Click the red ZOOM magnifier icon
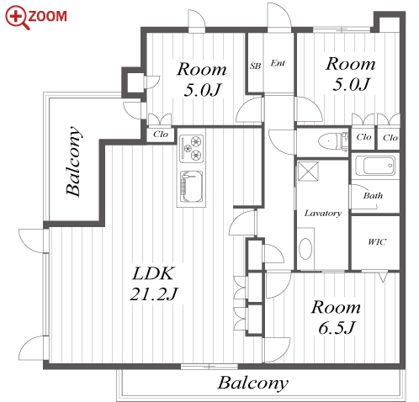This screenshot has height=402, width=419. click(x=17, y=18)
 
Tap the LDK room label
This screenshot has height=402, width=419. click(x=154, y=273)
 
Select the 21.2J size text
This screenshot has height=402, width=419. click(x=154, y=294)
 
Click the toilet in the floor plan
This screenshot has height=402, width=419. click(x=332, y=140)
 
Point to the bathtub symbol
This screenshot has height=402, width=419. click(x=375, y=166)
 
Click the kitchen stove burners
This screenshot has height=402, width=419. click(x=192, y=149)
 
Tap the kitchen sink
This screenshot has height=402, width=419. click(x=191, y=187)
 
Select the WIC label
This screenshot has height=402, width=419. click(x=377, y=241)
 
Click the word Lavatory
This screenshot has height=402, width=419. click(x=323, y=214)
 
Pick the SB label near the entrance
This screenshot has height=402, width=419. click(x=255, y=66)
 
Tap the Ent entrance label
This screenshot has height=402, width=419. click(x=278, y=63)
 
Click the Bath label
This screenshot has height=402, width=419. click(x=373, y=195)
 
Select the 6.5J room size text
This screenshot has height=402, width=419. click(x=337, y=327)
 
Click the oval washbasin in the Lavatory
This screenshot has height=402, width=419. click(x=305, y=249)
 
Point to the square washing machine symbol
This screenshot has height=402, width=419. click(x=308, y=171)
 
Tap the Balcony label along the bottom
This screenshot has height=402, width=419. click(x=252, y=383)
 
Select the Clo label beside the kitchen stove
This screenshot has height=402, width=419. click(x=161, y=135)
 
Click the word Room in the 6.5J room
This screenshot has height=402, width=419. click(x=336, y=307)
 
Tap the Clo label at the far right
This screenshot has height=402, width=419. click(x=390, y=138)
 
